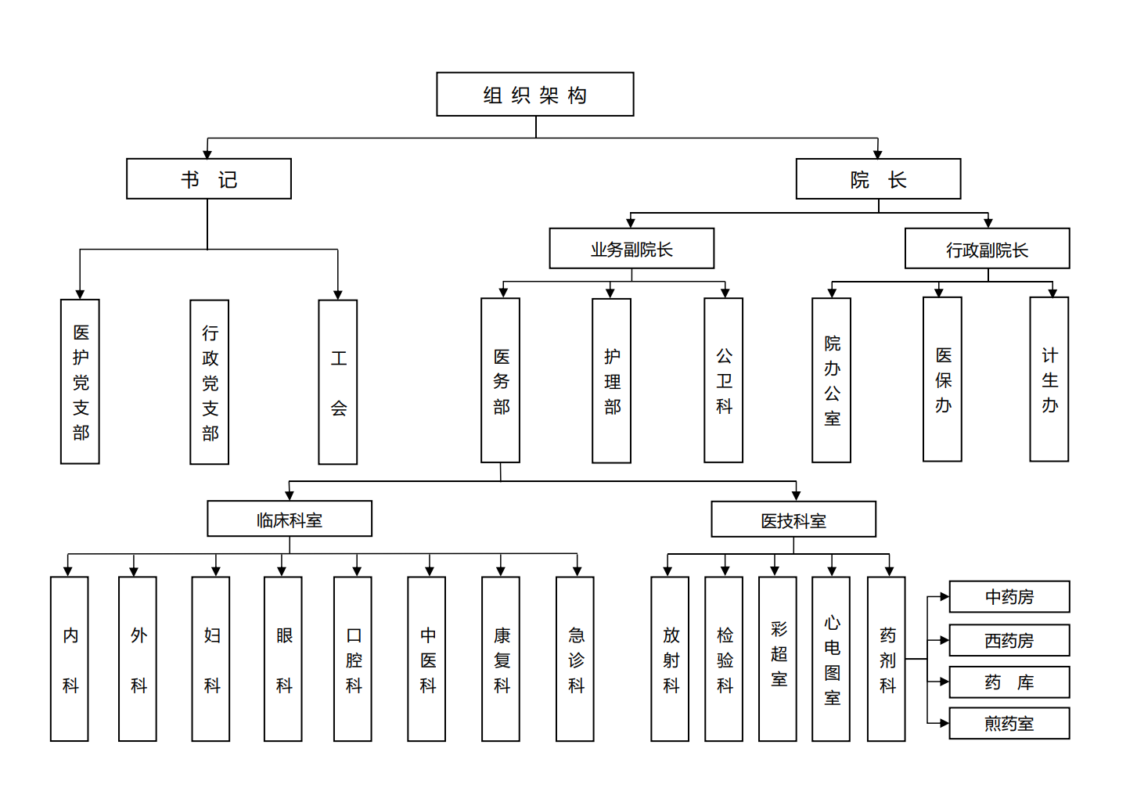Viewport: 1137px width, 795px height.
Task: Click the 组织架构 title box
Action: pyautogui.click(x=535, y=95)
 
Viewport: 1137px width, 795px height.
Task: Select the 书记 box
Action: pyautogui.click(x=209, y=179)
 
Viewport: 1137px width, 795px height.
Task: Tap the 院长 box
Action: pyautogui.click(x=878, y=179)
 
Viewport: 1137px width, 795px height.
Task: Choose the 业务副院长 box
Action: pyautogui.click(x=631, y=249)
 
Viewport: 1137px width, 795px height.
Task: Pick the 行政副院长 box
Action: pyautogui.click(x=987, y=249)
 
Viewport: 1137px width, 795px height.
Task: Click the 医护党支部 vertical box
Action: pyautogui.click(x=81, y=382)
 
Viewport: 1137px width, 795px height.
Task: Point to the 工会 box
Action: pyautogui.click(x=338, y=382)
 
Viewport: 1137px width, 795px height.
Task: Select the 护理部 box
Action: pyautogui.click(x=612, y=381)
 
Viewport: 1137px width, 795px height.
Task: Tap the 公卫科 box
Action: pyautogui.click(x=724, y=380)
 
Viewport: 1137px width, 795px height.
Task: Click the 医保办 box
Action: pyautogui.click(x=943, y=380)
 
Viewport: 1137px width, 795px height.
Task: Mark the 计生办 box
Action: pyautogui.click(x=1049, y=380)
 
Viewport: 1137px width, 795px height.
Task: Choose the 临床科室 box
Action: pyautogui.click(x=290, y=519)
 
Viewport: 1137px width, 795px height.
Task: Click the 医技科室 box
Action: pyautogui.click(x=793, y=520)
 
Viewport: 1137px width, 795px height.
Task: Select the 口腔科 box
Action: pyautogui.click(x=353, y=659)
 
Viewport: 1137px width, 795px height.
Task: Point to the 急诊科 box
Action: pyautogui.click(x=575, y=659)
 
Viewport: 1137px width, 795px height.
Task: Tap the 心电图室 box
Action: pyautogui.click(x=831, y=659)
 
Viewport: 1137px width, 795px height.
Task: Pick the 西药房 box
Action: pyautogui.click(x=1009, y=640)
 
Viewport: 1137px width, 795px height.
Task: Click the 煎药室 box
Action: pyautogui.click(x=1009, y=723)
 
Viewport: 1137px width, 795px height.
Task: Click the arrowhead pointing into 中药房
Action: pyautogui.click(x=944, y=597)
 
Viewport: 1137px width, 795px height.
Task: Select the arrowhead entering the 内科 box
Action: pyautogui.click(x=69, y=571)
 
